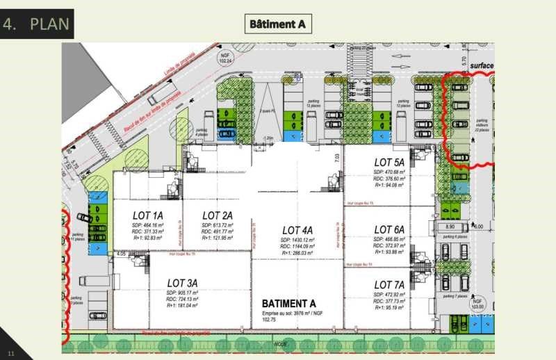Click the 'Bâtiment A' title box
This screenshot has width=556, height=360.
click(x=278, y=24)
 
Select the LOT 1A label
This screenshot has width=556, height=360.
click(x=148, y=215)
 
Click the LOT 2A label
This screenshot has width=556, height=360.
click(x=218, y=215)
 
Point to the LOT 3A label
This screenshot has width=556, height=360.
click(x=183, y=283)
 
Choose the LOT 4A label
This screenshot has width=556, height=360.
click(x=297, y=230)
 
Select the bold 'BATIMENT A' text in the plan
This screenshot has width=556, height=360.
click(x=288, y=304)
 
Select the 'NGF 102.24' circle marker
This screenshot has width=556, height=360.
click(x=224, y=57)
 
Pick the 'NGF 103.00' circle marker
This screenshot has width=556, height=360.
click(x=477, y=303)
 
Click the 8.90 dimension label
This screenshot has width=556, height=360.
click(x=450, y=227)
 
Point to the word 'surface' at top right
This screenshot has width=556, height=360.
click(x=481, y=66)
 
